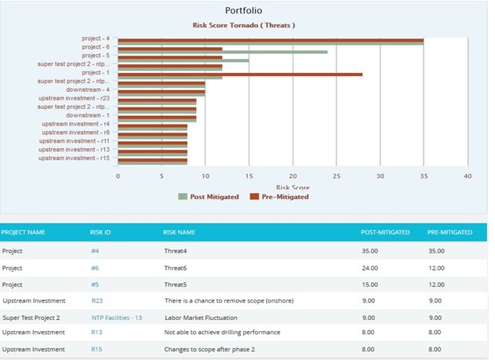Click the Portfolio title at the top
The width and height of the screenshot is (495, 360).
[244, 10]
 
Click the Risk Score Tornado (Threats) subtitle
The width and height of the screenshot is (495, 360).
[244, 25]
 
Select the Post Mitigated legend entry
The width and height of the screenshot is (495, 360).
[208, 196]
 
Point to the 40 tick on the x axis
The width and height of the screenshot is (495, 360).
[467, 176]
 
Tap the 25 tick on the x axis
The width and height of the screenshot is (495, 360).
[336, 176]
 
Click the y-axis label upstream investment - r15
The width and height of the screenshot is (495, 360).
[79, 158]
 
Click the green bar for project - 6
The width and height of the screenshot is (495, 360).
[223, 52]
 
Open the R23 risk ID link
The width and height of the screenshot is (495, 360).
[97, 300]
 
